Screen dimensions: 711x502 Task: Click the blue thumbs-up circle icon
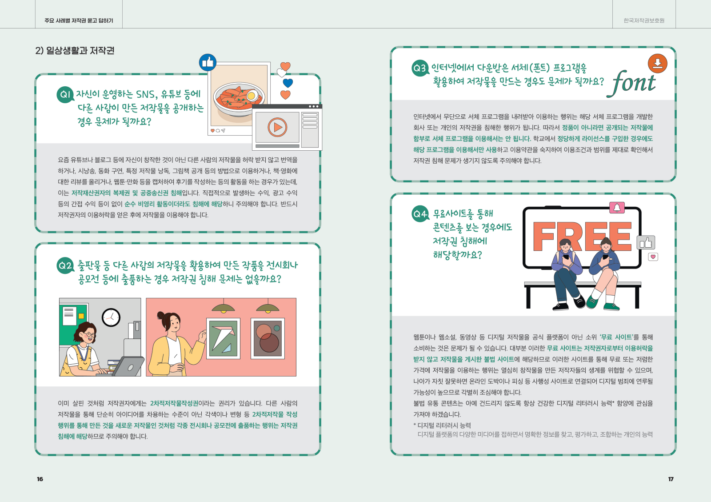click(x=208, y=63)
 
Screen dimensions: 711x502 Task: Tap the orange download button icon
click(x=657, y=63)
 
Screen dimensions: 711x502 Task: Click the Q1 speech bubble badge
click(x=65, y=95)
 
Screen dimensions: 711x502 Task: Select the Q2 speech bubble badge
click(x=65, y=265)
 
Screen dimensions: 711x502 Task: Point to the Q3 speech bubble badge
click(x=420, y=68)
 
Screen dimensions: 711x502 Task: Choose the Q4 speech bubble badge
click(x=420, y=214)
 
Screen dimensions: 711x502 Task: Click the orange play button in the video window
click(x=277, y=127)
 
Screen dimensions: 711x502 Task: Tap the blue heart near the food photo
click(x=288, y=83)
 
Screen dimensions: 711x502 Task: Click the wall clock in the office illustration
click(x=111, y=317)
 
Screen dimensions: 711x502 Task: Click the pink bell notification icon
click(x=617, y=208)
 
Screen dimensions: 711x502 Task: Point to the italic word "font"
click(x=631, y=83)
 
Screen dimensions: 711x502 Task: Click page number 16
click(x=40, y=479)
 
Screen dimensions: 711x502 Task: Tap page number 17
click(x=671, y=479)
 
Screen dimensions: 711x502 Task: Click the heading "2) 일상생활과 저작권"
click(x=75, y=51)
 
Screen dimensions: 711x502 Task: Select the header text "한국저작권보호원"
click(x=644, y=20)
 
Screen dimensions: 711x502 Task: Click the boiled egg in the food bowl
click(x=252, y=95)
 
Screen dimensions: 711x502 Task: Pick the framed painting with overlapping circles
click(x=268, y=338)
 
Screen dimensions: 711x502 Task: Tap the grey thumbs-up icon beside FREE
click(x=646, y=243)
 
